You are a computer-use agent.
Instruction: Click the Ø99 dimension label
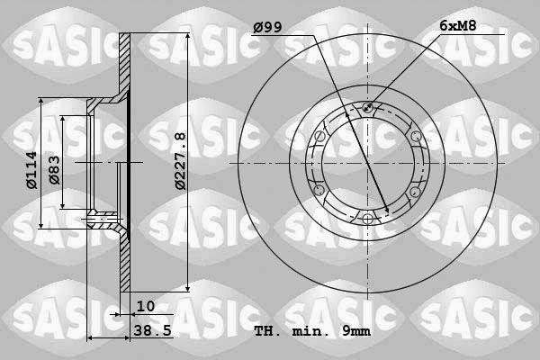pos(267,27)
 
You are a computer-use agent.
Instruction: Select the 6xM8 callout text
pos(458,25)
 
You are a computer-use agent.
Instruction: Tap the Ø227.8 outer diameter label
pos(180,161)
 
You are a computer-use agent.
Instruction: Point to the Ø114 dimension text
pos(31,170)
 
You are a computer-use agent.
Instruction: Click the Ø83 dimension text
pos(54,170)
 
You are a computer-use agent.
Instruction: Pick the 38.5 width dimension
pos(153,330)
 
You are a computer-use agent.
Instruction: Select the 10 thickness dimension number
pos(146,306)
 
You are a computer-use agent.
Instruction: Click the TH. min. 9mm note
pos(312,331)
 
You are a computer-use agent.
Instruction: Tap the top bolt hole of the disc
pos(367,107)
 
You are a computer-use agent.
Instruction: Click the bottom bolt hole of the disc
pos(367,219)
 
